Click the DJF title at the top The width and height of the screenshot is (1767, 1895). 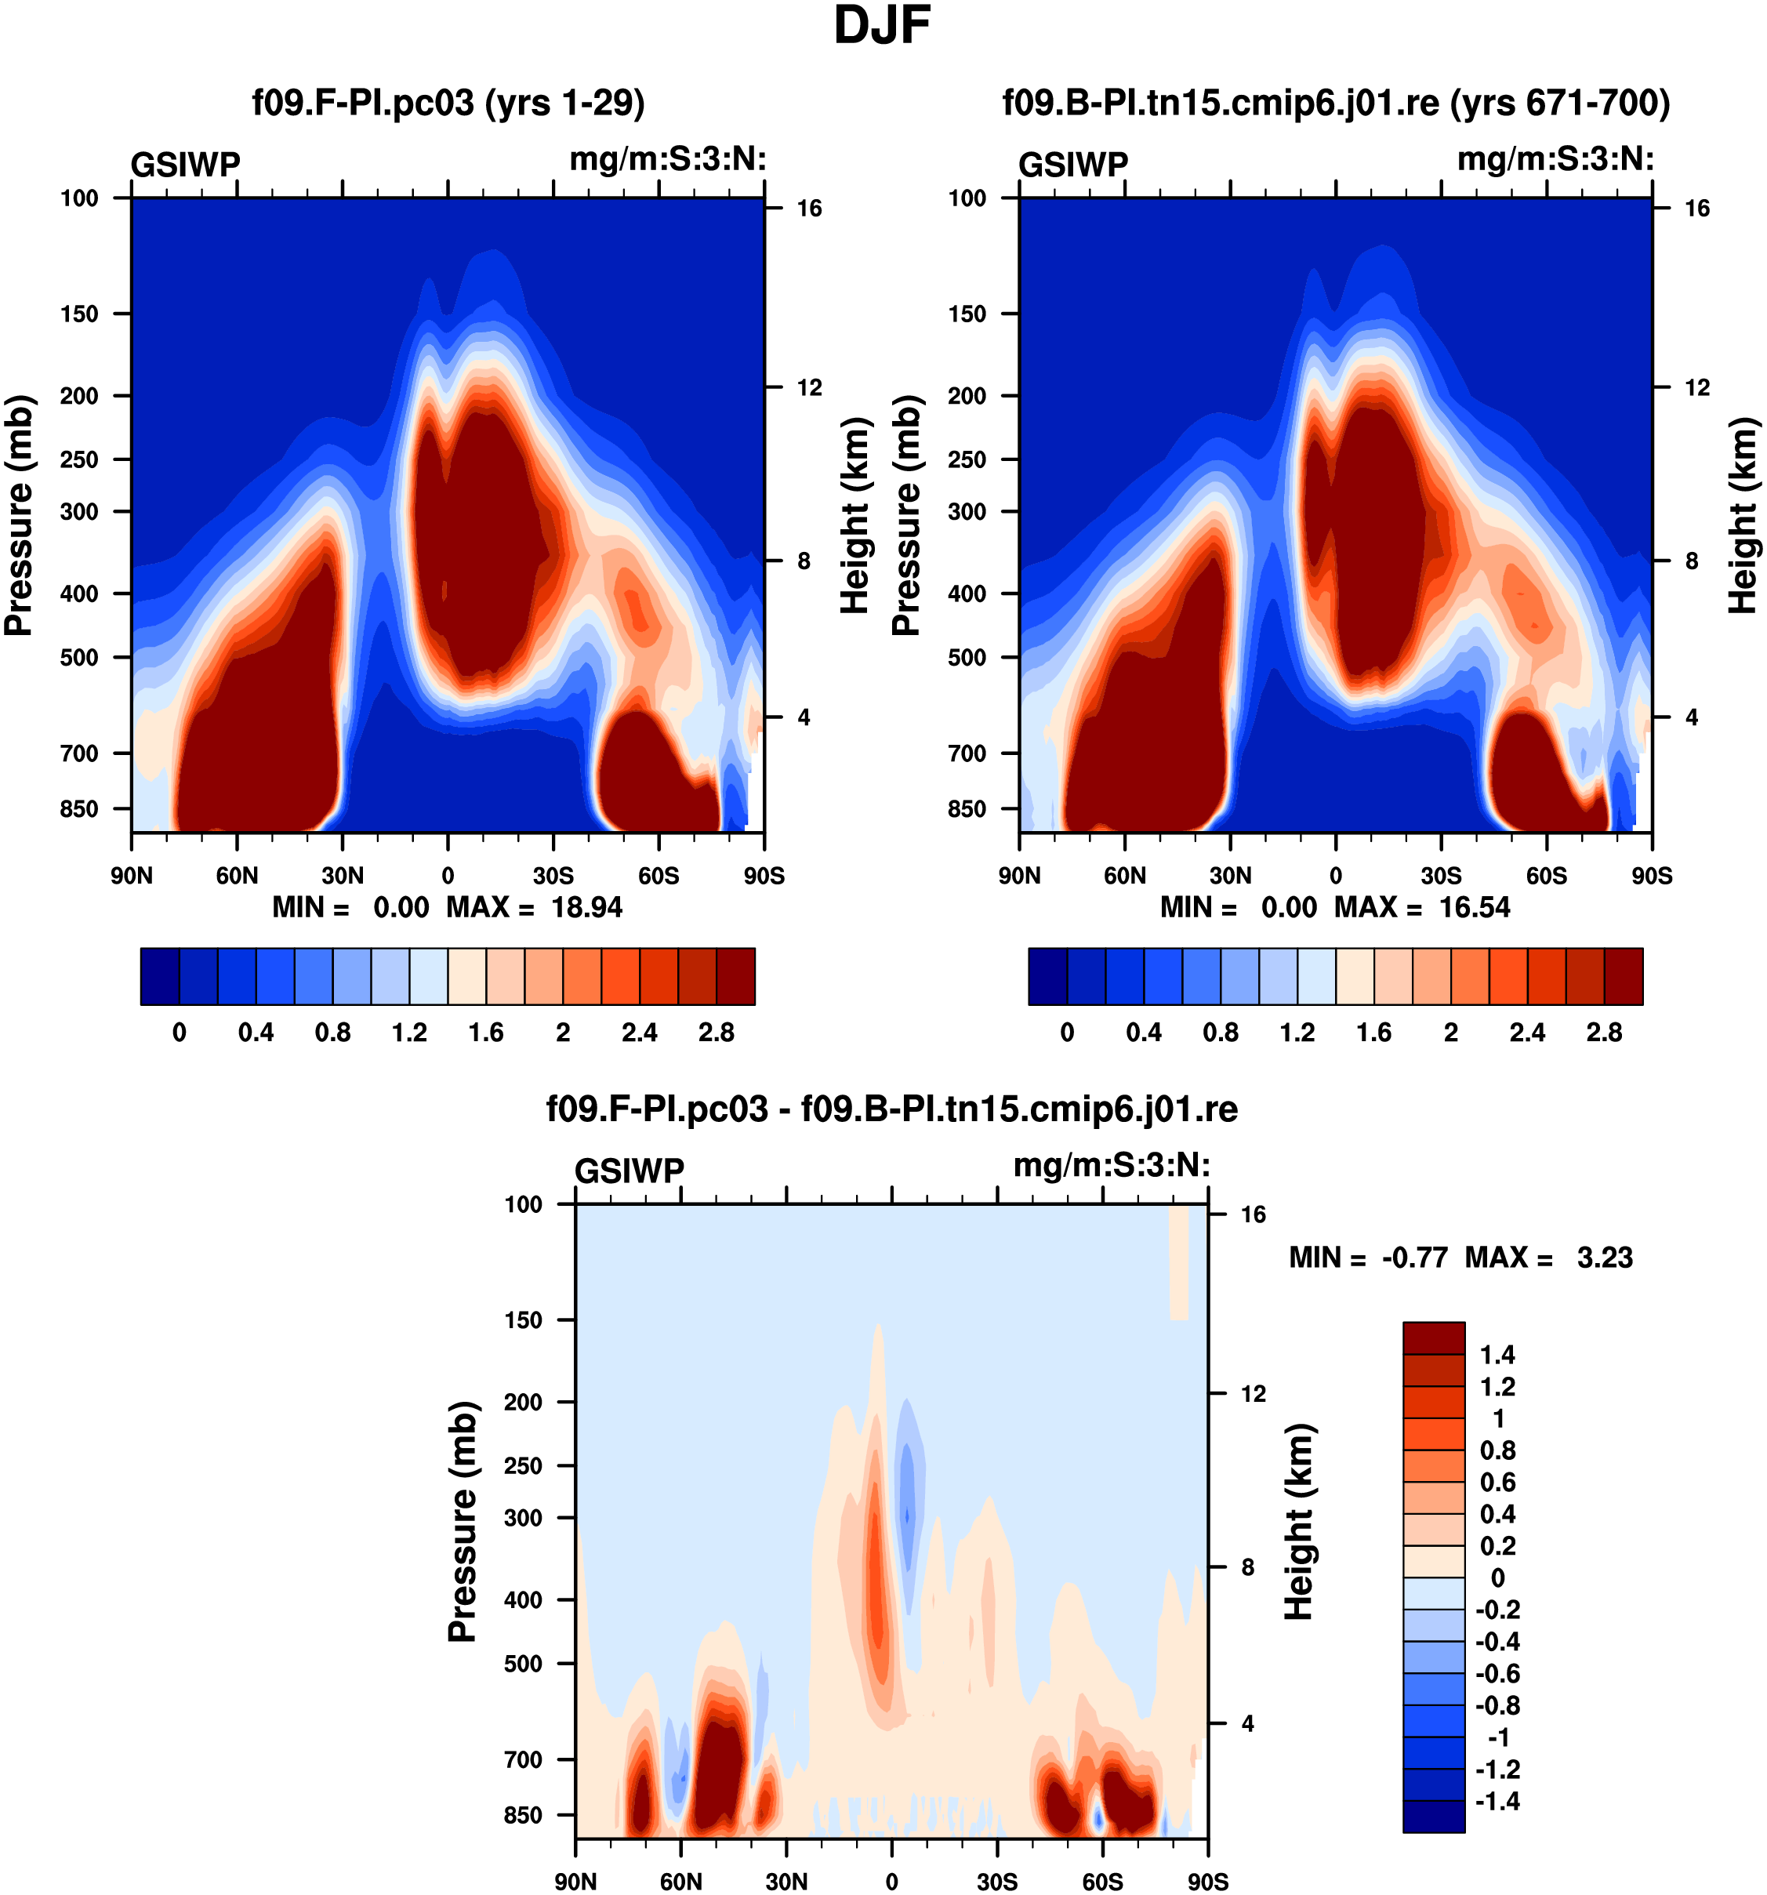pyautogui.click(x=882, y=27)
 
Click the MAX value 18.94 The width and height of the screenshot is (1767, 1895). pyautogui.click(x=586, y=907)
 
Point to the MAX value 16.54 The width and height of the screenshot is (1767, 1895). pyautogui.click(x=1475, y=907)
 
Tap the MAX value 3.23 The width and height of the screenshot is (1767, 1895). pyautogui.click(x=1605, y=1258)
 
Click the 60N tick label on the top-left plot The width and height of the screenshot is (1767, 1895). pyautogui.click(x=237, y=876)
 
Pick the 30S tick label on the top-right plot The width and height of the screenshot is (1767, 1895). pyautogui.click(x=1441, y=876)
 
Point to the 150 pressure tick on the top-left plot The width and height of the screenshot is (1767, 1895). pyautogui.click(x=79, y=314)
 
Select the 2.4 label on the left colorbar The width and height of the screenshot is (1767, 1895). pyautogui.click(x=639, y=1033)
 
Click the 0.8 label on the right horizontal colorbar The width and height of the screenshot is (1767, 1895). pyautogui.click(x=1220, y=1033)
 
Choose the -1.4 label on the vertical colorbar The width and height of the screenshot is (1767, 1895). pyautogui.click(x=1497, y=1802)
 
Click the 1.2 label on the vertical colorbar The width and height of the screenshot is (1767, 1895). pyautogui.click(x=1497, y=1387)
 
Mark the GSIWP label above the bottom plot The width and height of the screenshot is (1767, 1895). pyautogui.click(x=629, y=1171)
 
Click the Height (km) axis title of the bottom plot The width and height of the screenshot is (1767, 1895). pyautogui.click(x=1298, y=1523)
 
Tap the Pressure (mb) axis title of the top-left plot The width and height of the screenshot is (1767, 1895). pyautogui.click(x=19, y=515)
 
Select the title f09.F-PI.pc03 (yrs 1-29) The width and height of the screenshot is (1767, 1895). pyautogui.click(x=448, y=103)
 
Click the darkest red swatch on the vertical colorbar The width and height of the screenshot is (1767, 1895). pyautogui.click(x=1433, y=1338)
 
